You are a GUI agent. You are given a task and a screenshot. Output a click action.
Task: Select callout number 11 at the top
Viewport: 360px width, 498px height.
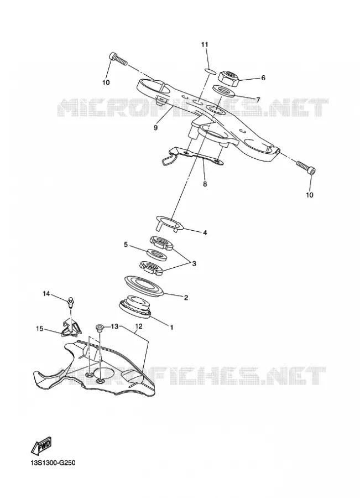pos(205,44)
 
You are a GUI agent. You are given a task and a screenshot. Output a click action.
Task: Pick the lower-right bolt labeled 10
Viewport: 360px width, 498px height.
pos(306,168)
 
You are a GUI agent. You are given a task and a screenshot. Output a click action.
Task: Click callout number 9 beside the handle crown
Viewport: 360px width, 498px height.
pos(155,128)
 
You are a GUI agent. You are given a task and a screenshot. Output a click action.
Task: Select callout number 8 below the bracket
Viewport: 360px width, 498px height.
pos(205,184)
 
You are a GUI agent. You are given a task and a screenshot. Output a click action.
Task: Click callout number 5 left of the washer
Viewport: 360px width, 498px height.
pos(126,245)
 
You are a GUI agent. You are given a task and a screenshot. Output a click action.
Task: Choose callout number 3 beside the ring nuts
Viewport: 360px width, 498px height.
pos(194,263)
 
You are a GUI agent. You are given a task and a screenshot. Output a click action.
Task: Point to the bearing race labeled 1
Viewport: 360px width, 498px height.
pos(135,308)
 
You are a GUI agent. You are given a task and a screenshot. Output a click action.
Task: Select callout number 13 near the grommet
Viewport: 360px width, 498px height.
pos(114,326)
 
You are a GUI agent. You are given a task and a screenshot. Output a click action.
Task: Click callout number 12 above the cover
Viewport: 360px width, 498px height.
pos(139,326)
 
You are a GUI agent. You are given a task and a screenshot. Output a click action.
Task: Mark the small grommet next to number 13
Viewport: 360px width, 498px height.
pos(99,328)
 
